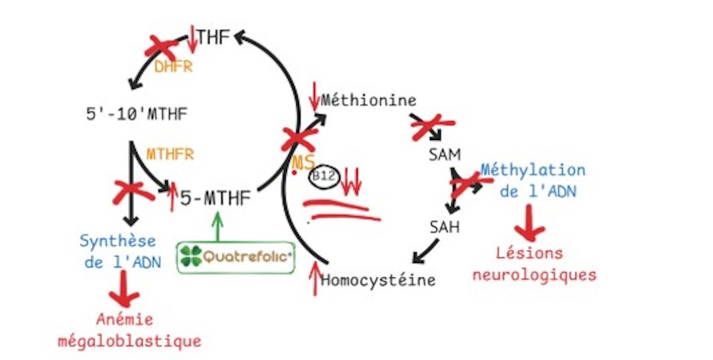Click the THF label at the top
pos(213,37)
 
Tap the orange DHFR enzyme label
pos(173,67)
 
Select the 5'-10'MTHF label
pos(137,114)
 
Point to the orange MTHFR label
pos(170,154)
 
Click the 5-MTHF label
pos(215,198)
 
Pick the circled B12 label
pos(324,177)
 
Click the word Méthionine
pos(369,100)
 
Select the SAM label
pos(444,155)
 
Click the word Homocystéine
pos(378,279)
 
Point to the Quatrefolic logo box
pos(235,257)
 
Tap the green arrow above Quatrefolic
pos(218,226)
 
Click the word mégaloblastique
pos(129,341)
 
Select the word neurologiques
pos(534,274)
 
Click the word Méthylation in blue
pos(533,170)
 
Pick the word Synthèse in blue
pos(118,240)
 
